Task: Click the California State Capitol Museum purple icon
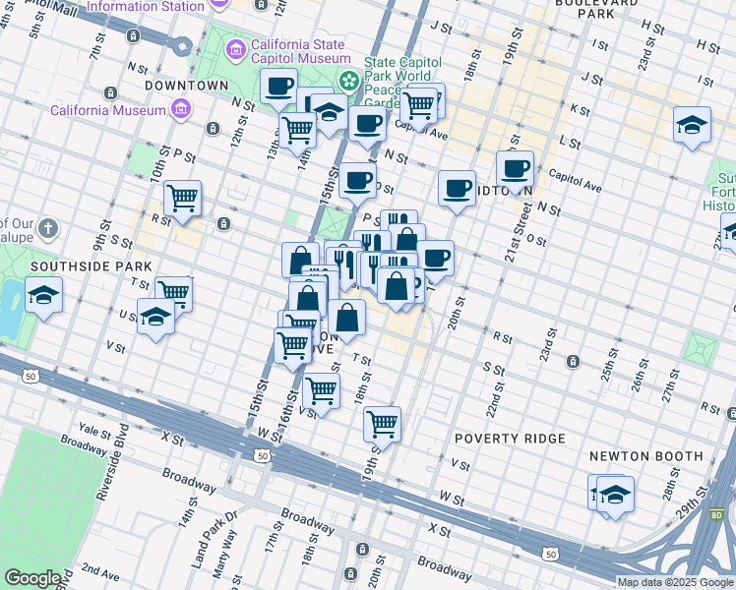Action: [x=235, y=49]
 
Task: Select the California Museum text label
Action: [x=108, y=110]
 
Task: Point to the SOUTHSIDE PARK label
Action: [x=91, y=266]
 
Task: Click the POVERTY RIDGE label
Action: [x=509, y=438]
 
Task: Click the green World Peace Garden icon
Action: [x=346, y=79]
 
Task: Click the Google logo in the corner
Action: [x=32, y=578]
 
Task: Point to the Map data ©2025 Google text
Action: [x=675, y=582]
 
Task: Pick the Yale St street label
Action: [x=95, y=431]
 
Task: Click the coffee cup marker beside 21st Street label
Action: [x=515, y=168]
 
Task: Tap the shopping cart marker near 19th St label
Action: [x=382, y=424]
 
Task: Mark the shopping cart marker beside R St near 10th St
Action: [x=183, y=198]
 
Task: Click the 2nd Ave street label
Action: [x=99, y=569]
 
